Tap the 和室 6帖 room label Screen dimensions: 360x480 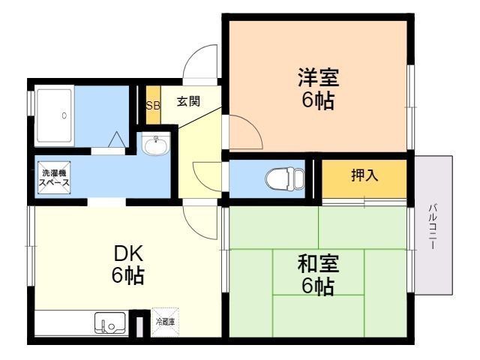[319, 274]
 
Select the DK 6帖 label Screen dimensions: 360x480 [128, 264]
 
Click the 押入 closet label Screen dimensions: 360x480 [365, 176]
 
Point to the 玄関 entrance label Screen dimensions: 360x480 [188, 102]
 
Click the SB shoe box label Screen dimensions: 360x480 [153, 105]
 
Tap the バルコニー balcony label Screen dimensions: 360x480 [434, 226]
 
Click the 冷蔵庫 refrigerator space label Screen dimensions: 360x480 [165, 321]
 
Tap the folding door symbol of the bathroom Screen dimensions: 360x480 [116, 141]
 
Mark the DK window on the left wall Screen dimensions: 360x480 [30, 247]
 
